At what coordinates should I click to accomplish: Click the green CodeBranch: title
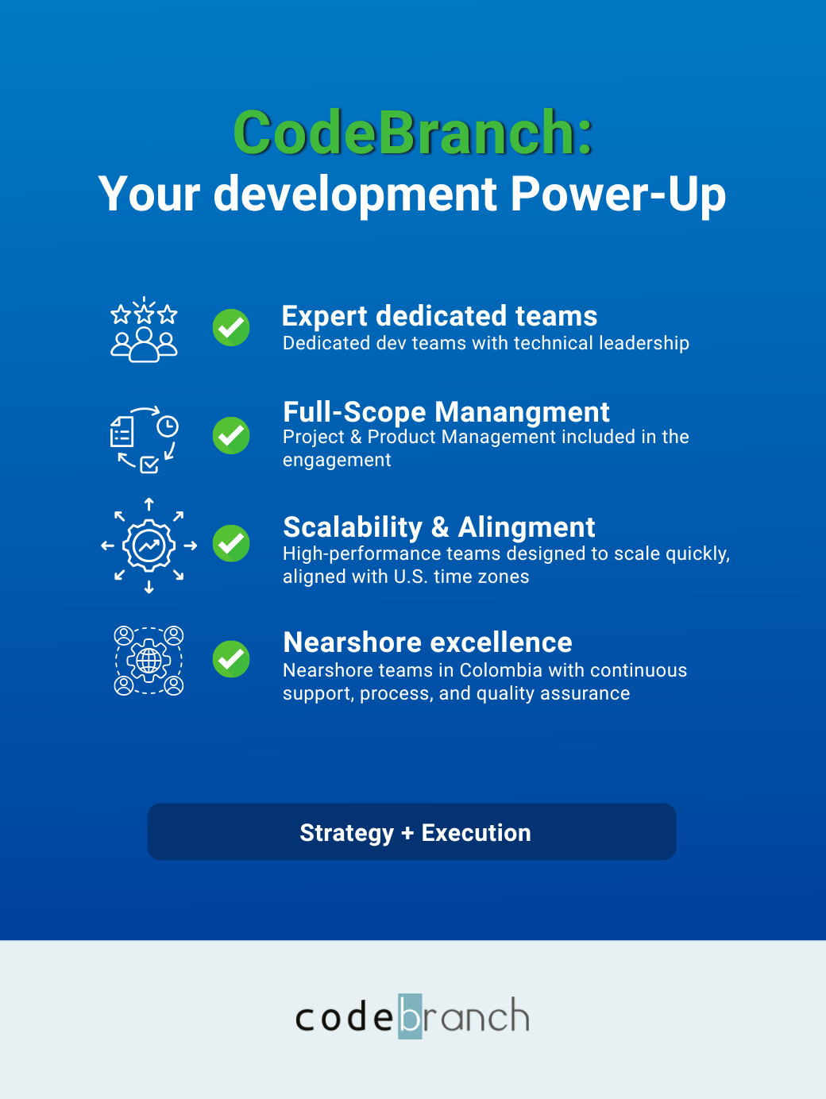click(x=413, y=132)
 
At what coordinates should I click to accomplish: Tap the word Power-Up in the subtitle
click(x=618, y=195)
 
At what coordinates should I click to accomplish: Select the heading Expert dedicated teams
click(x=439, y=316)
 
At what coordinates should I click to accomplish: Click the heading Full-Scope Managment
click(x=446, y=412)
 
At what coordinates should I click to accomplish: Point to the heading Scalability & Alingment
click(x=439, y=527)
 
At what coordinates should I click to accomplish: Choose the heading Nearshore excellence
click(x=427, y=642)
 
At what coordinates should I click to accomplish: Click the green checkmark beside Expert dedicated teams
click(x=231, y=327)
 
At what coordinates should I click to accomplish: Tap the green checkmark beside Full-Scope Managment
click(x=231, y=436)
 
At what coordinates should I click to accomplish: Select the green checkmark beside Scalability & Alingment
click(x=231, y=543)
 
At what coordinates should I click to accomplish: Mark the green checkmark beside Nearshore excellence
click(x=231, y=659)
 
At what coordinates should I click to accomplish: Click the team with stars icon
click(x=144, y=330)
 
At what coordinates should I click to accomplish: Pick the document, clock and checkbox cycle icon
click(x=145, y=440)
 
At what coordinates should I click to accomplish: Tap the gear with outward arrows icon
click(x=149, y=546)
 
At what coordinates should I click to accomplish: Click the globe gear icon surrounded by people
click(x=149, y=661)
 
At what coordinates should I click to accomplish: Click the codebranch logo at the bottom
click(x=412, y=1016)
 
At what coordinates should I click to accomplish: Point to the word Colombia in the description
click(x=500, y=670)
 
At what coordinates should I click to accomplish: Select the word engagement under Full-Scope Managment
click(x=337, y=461)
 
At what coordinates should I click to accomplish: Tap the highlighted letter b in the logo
click(x=410, y=1016)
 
